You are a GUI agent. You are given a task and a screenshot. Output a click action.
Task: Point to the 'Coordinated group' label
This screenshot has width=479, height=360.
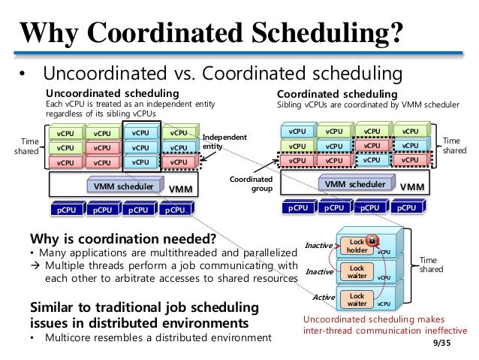[x=251, y=184]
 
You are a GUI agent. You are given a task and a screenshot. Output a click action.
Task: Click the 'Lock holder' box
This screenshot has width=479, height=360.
[x=357, y=246]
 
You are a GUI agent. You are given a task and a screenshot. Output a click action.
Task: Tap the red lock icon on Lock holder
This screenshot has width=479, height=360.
[x=370, y=241]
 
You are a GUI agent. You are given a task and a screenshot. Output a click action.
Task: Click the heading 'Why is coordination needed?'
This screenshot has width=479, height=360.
[x=122, y=240]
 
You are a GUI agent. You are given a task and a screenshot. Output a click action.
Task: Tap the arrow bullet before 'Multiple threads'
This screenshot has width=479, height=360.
[x=34, y=265]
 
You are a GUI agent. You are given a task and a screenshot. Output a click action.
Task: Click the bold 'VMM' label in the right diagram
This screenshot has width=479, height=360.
[x=412, y=186]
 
